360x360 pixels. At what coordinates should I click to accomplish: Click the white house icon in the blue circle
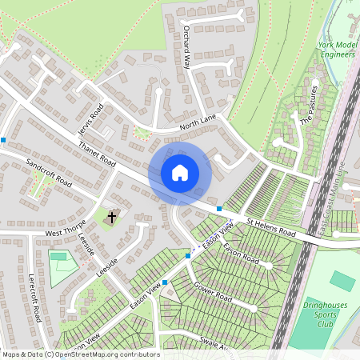[180, 172]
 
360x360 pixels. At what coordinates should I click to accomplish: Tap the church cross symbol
[111, 216]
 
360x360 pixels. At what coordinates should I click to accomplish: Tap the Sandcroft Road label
[49, 172]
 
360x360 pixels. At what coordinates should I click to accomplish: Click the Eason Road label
[241, 255]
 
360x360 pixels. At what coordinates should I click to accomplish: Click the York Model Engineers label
[336, 51]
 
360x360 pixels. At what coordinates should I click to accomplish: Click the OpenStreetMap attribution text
[80, 354]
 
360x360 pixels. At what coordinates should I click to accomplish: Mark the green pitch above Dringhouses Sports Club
[343, 280]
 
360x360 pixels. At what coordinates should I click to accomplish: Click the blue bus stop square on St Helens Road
[219, 208]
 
